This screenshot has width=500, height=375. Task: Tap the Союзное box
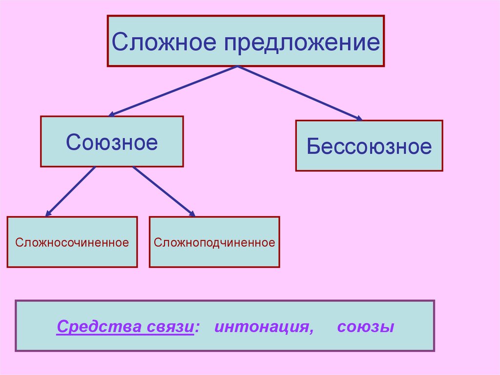pyautogui.click(x=112, y=142)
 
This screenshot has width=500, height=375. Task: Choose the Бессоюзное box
pyautogui.click(x=369, y=146)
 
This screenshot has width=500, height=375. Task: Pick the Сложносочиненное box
pyautogui.click(x=72, y=242)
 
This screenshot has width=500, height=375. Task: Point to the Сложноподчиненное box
pyautogui.click(x=214, y=242)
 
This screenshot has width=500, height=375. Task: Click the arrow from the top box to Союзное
pyautogui.click(x=173, y=91)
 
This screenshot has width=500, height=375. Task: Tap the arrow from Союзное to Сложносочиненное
pyautogui.click(x=71, y=191)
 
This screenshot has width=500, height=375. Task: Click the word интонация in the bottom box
pyautogui.click(x=261, y=327)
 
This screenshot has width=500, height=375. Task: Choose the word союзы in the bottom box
pyautogui.click(x=365, y=327)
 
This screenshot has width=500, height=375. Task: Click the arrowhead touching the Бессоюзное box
pyautogui.click(x=359, y=118)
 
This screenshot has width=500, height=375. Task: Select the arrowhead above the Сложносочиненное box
pyautogui.click(x=48, y=214)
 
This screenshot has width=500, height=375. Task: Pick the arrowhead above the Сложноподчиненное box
pyautogui.click(x=192, y=214)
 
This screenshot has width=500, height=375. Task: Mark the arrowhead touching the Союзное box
pyautogui.click(x=111, y=114)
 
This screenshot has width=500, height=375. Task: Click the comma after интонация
pyautogui.click(x=311, y=331)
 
